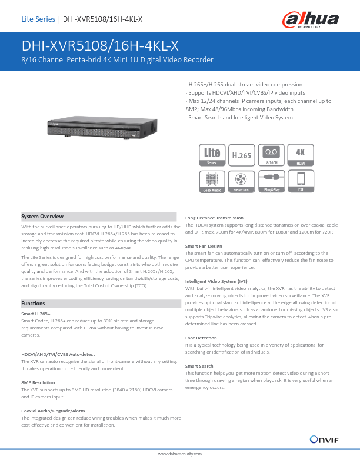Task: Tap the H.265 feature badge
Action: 241,155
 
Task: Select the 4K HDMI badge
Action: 301,155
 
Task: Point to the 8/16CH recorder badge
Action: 271,155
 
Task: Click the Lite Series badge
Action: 212,155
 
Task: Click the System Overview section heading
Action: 42,217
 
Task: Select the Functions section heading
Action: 33,303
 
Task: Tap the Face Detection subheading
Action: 201,338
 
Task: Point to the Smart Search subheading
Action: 199,366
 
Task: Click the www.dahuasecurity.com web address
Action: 180,454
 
